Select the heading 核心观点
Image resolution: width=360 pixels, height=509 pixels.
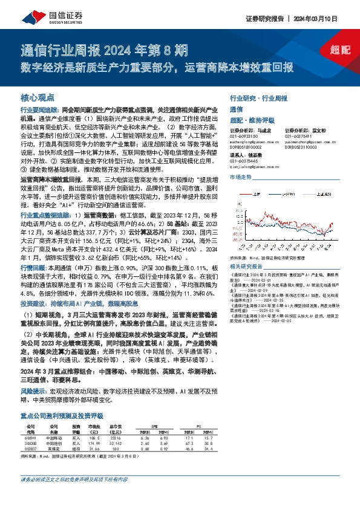coord(38,97)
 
